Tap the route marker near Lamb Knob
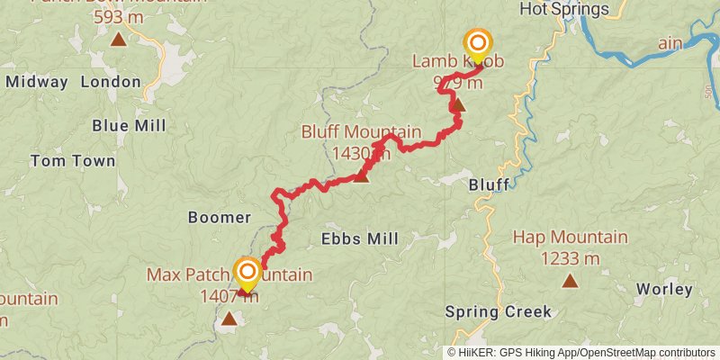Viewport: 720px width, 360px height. pos(478,43)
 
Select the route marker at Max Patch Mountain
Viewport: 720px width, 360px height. pos(247,272)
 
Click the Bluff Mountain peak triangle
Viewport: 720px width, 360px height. pos(361,176)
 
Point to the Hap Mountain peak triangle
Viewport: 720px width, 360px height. pos(570,281)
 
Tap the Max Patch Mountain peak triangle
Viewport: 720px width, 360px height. pos(229,318)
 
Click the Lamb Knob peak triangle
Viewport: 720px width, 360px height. pos(458,104)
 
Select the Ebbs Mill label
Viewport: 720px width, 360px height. pos(360,238)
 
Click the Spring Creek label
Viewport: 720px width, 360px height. pos(498,312)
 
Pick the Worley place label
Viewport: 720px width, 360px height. pos(664,289)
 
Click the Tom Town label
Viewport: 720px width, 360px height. pos(73,161)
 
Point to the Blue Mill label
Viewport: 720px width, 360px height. pos(129,125)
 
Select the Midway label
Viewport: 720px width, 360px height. pos(36,82)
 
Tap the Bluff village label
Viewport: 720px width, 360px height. pos(489,184)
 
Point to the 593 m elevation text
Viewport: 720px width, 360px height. pos(118,16)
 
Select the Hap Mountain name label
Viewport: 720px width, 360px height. pos(570,238)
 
